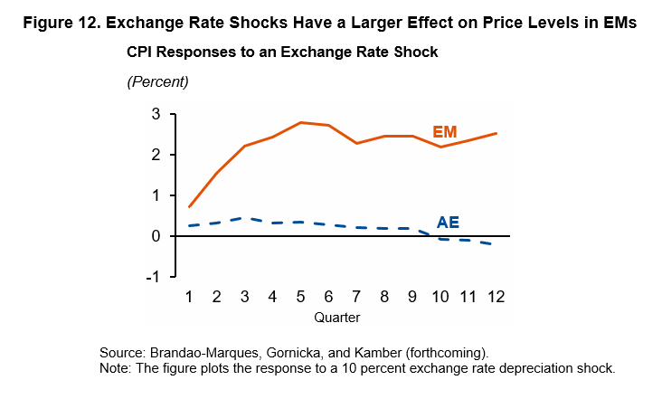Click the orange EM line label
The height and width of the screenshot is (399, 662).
coord(444,131)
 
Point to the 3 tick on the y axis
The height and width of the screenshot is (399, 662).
coord(156,114)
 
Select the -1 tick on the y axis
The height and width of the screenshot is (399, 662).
coord(152,277)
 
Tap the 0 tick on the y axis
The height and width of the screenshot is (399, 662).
coord(156,236)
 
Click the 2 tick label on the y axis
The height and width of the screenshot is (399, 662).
coord(156,155)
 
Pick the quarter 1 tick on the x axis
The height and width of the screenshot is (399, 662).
coord(190,297)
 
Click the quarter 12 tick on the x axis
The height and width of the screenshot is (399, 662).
coord(496,297)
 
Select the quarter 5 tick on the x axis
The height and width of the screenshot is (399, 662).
coord(301,297)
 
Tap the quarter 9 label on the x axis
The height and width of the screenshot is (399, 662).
coord(412,297)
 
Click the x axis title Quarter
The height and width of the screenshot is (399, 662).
coord(336,318)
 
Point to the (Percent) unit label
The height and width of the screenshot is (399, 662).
coord(157,81)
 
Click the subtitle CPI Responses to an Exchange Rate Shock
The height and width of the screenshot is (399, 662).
coord(282,52)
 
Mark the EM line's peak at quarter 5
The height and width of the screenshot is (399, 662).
coord(301,122)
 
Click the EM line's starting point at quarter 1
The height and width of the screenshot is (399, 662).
coord(190,206)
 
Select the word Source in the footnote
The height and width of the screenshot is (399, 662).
coord(122,352)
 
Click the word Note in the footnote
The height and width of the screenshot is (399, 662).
coord(116,368)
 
